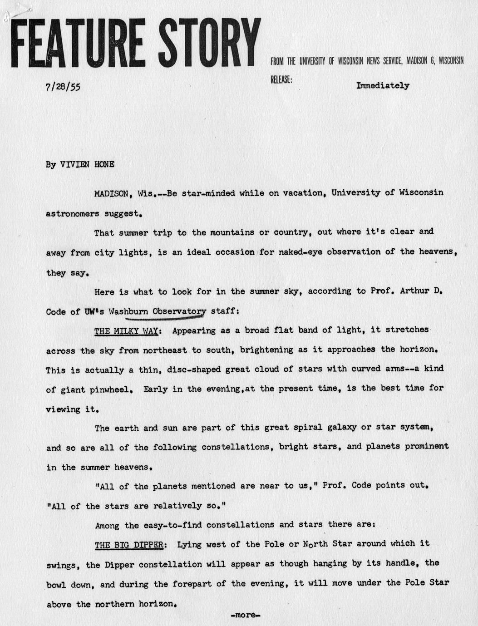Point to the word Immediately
pos(383,85)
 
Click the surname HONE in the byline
pos(104,164)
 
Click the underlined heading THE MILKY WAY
pos(126,331)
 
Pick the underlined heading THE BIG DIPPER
pos(128,545)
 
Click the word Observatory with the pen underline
pos(179,311)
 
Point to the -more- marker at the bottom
pos(245,616)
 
